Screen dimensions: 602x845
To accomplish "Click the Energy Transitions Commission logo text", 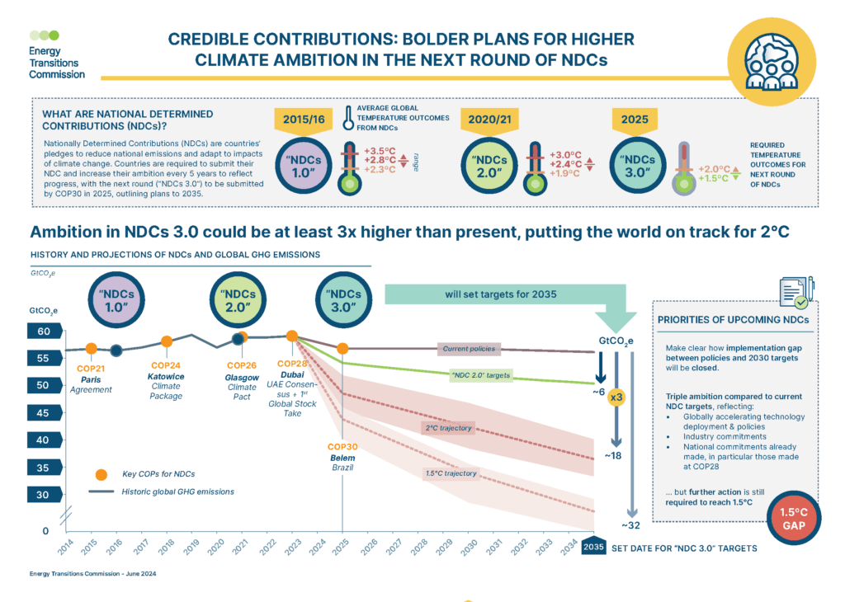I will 56,63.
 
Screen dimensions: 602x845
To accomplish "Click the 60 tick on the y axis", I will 42,332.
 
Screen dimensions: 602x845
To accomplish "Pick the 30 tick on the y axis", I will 42,495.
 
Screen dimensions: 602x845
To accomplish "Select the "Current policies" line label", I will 468,349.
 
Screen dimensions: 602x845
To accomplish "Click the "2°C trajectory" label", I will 448,428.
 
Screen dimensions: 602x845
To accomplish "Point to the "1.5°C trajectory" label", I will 450,473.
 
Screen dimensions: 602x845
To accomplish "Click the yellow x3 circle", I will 615,397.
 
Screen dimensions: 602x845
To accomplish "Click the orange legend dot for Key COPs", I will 101,474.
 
